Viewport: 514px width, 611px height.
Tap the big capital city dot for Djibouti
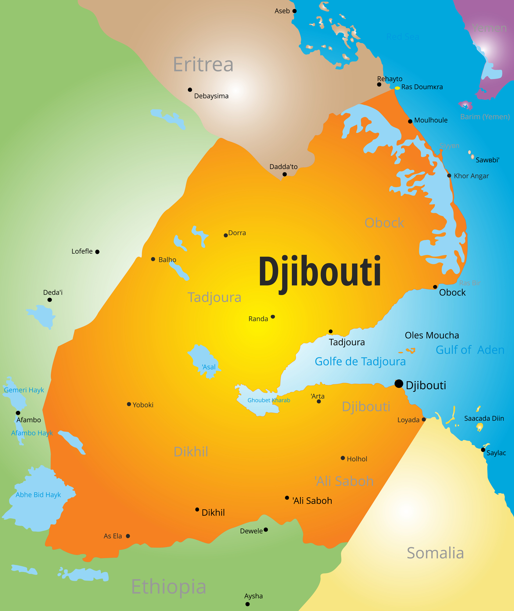399,384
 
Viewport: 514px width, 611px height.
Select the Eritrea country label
203,64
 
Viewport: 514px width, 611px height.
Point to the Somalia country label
435,553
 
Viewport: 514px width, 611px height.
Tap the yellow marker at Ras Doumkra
397,88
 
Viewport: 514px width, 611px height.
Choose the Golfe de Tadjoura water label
360,361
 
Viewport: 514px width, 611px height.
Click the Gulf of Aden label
470,350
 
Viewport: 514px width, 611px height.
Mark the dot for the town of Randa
273,317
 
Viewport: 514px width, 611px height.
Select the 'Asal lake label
209,367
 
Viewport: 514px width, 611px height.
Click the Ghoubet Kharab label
269,400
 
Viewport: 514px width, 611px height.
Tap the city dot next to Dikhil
197,509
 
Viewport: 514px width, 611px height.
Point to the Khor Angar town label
471,176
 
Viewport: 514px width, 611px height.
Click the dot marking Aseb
294,11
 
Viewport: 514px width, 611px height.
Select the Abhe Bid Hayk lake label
38,495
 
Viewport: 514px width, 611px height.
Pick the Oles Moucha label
432,335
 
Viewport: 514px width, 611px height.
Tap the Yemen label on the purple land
489,28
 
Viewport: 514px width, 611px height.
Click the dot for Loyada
424,419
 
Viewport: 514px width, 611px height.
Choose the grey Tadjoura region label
214,297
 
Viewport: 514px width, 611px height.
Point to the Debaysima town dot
190,90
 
